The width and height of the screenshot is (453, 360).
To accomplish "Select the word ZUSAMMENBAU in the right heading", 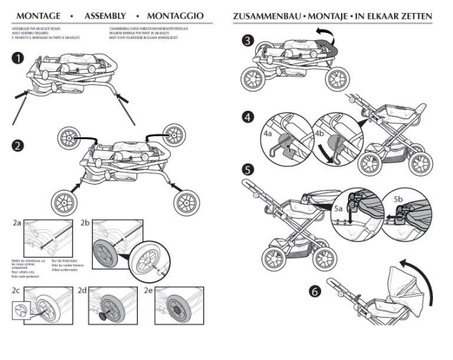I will click(x=272, y=14).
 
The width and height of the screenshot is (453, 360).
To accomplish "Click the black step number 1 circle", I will click(x=19, y=58).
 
